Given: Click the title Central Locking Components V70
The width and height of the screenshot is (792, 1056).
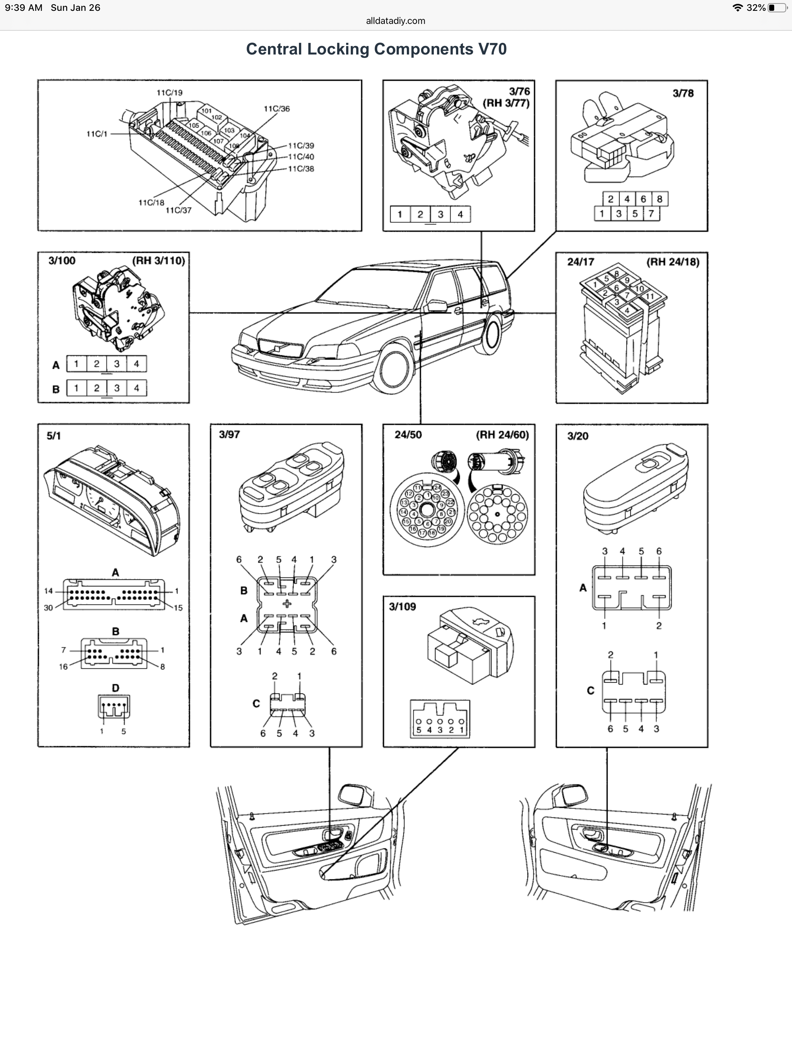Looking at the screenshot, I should click(376, 49).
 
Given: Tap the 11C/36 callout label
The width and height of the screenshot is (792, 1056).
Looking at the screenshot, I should click(277, 109).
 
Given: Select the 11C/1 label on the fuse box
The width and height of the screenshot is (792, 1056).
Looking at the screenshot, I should click(97, 134).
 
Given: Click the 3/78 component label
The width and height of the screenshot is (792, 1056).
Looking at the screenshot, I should click(683, 94).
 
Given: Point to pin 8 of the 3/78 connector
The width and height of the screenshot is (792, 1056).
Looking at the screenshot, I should click(660, 199).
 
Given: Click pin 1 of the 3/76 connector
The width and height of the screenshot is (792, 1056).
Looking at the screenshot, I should click(400, 215).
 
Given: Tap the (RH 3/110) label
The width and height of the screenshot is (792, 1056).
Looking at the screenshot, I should click(159, 261).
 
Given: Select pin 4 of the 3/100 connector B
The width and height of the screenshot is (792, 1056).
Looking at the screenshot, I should click(137, 388).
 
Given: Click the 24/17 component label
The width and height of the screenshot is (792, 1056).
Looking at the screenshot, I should click(580, 262).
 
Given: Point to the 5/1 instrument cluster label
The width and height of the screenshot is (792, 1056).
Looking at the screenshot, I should click(53, 435).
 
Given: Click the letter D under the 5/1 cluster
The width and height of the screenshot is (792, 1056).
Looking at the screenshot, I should click(115, 688).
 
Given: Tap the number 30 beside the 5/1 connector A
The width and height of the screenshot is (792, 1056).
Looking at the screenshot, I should click(48, 608).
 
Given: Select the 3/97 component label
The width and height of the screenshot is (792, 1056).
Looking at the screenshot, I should click(229, 434).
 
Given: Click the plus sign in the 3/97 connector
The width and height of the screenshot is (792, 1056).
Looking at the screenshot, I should click(287, 604).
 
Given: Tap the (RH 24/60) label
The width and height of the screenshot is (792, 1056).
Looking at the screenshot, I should click(502, 435).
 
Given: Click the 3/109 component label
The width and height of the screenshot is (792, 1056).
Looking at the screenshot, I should click(402, 607).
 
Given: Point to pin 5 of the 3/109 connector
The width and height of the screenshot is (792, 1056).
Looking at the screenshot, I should click(418, 730).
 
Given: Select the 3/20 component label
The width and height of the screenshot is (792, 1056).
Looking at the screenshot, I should click(577, 436).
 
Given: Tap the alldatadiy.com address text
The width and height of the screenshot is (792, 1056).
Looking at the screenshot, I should click(396, 20).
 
